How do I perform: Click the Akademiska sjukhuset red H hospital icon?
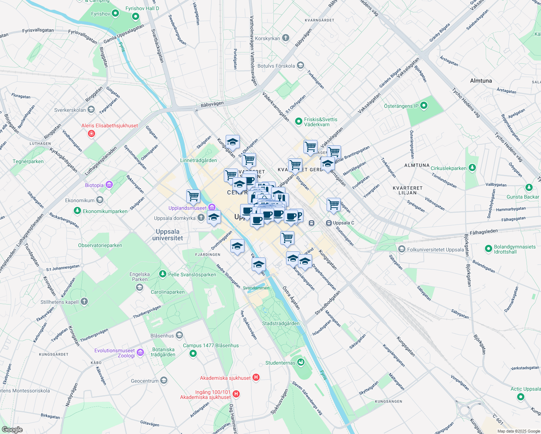point(256,378)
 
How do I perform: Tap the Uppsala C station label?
point(344,223)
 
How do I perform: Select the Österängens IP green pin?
point(424,106)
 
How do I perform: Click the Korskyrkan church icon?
point(286,38)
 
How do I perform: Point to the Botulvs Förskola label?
point(276,66)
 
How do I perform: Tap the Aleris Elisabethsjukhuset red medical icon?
point(91,134)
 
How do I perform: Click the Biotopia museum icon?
point(109,185)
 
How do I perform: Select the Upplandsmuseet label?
point(187,208)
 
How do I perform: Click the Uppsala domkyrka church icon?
point(201,218)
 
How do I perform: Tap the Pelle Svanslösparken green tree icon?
point(163,274)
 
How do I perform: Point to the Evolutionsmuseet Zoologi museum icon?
point(140,352)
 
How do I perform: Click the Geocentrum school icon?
point(164,380)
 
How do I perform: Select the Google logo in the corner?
point(12,429)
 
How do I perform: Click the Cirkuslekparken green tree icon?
point(472,168)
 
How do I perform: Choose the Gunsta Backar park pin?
point(529,187)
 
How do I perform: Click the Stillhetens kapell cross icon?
point(84,302)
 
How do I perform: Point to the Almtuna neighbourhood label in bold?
point(481,81)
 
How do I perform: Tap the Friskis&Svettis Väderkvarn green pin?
point(298,122)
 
